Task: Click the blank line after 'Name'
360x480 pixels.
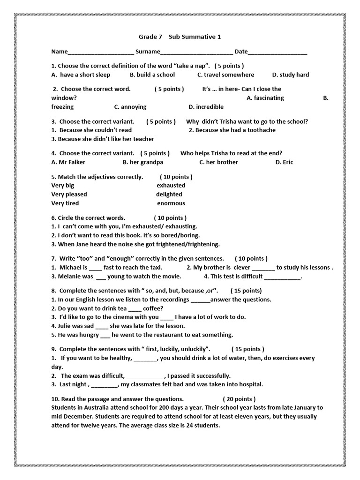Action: coord(101,52)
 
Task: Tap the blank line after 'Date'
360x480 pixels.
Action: coord(277,52)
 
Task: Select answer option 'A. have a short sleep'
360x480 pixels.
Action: coord(81,75)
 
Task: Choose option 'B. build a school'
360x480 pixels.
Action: coord(152,75)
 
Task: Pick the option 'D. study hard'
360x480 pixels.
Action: coord(290,75)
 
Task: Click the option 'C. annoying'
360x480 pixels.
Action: coord(130,107)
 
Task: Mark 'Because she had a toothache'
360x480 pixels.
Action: coord(232,130)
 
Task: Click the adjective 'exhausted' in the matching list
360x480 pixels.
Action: coord(171,185)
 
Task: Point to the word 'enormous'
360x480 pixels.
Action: coord(171,203)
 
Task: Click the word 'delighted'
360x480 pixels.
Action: coord(169,194)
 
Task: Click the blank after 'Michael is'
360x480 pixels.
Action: coord(95,268)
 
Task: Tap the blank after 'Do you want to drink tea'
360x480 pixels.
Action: coord(135,308)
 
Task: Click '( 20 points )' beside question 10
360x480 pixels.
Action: coord(239,399)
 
